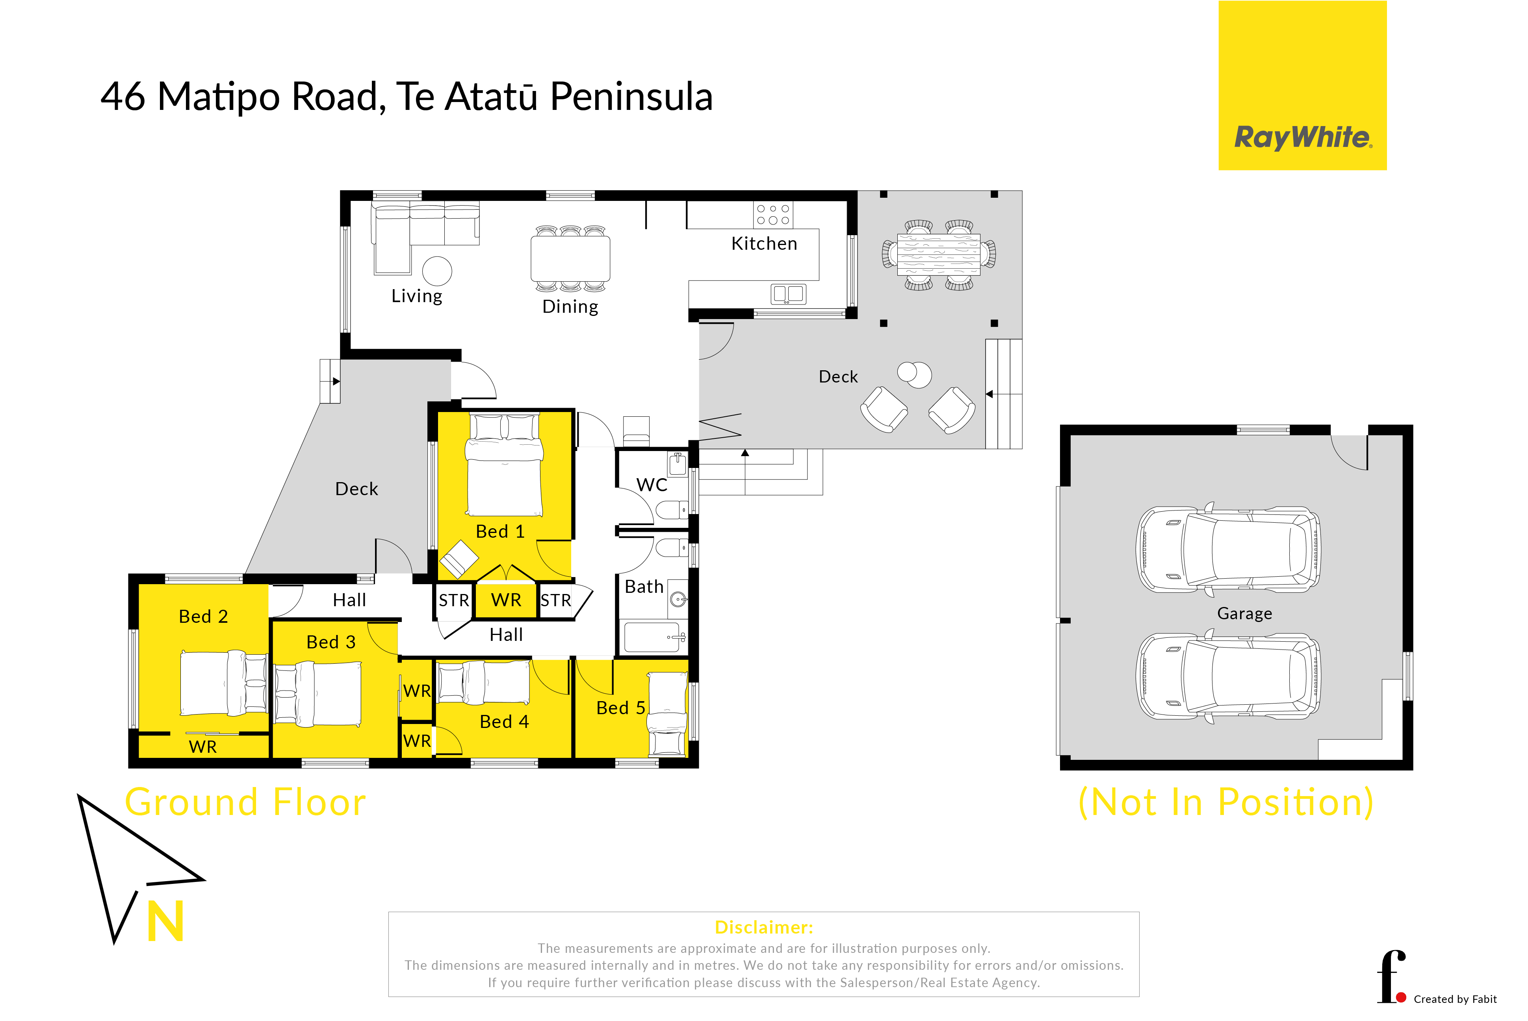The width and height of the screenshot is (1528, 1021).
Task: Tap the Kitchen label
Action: click(x=764, y=243)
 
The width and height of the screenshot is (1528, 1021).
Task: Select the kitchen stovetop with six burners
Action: click(x=773, y=215)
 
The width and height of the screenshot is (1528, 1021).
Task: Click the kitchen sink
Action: click(x=788, y=294)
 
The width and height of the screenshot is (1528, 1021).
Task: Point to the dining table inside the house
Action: click(x=570, y=258)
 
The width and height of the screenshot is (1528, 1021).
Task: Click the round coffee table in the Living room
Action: click(x=437, y=271)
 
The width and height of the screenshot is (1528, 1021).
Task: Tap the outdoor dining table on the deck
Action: click(x=938, y=254)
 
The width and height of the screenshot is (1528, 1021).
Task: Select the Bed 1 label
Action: click(x=500, y=531)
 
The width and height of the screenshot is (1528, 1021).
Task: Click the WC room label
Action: click(x=652, y=485)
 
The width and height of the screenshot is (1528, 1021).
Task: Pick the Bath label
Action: click(x=644, y=587)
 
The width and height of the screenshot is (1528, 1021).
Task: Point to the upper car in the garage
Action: click(x=1228, y=549)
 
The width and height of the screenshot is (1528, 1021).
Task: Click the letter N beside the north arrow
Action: click(x=165, y=921)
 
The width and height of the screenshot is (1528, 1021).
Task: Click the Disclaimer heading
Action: click(x=764, y=927)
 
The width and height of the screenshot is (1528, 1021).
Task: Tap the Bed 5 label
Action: click(x=620, y=708)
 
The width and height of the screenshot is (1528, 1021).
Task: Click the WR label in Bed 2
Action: click(x=202, y=747)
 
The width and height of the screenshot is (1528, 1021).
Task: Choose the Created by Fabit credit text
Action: click(x=1455, y=999)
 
